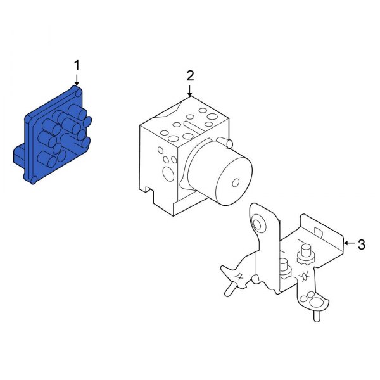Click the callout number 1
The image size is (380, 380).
[x=77, y=65]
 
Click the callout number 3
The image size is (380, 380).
[x=362, y=244]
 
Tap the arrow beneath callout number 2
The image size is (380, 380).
[x=189, y=91]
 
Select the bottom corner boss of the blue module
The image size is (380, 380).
[x=31, y=181]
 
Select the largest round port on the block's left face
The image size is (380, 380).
[x=168, y=173]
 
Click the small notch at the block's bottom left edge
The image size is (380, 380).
[x=148, y=189]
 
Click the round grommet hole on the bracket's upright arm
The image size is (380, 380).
[x=259, y=224]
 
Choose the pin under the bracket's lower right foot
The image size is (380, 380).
[x=314, y=311]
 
